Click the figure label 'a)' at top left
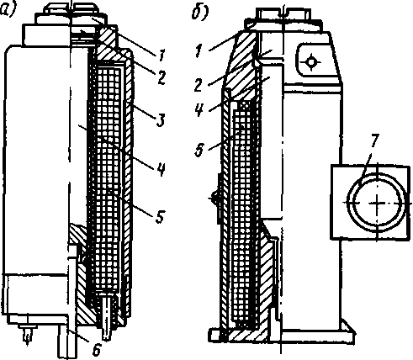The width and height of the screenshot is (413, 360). pos(8,11)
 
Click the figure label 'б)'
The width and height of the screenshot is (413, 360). pos(200,13)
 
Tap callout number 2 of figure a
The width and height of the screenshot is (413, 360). pos(161,77)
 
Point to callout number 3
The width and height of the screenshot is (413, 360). pos(160,119)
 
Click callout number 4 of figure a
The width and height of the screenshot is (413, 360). pos(161,169)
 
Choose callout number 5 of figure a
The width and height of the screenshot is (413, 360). pos(160,216)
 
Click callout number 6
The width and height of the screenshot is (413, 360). pos(96,349)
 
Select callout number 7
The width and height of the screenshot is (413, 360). pos(374,141)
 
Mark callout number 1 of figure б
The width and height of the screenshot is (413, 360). pos(199,51)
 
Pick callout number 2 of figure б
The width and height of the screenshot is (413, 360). pos(198,85)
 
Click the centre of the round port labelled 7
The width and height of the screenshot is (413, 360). pos(378,203)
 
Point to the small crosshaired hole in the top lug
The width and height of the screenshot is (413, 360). pos(310,61)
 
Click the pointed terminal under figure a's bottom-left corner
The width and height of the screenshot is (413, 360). pos(27,335)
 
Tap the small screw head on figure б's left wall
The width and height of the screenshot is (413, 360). pos(214,199)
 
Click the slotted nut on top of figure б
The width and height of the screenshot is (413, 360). pos(283,14)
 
